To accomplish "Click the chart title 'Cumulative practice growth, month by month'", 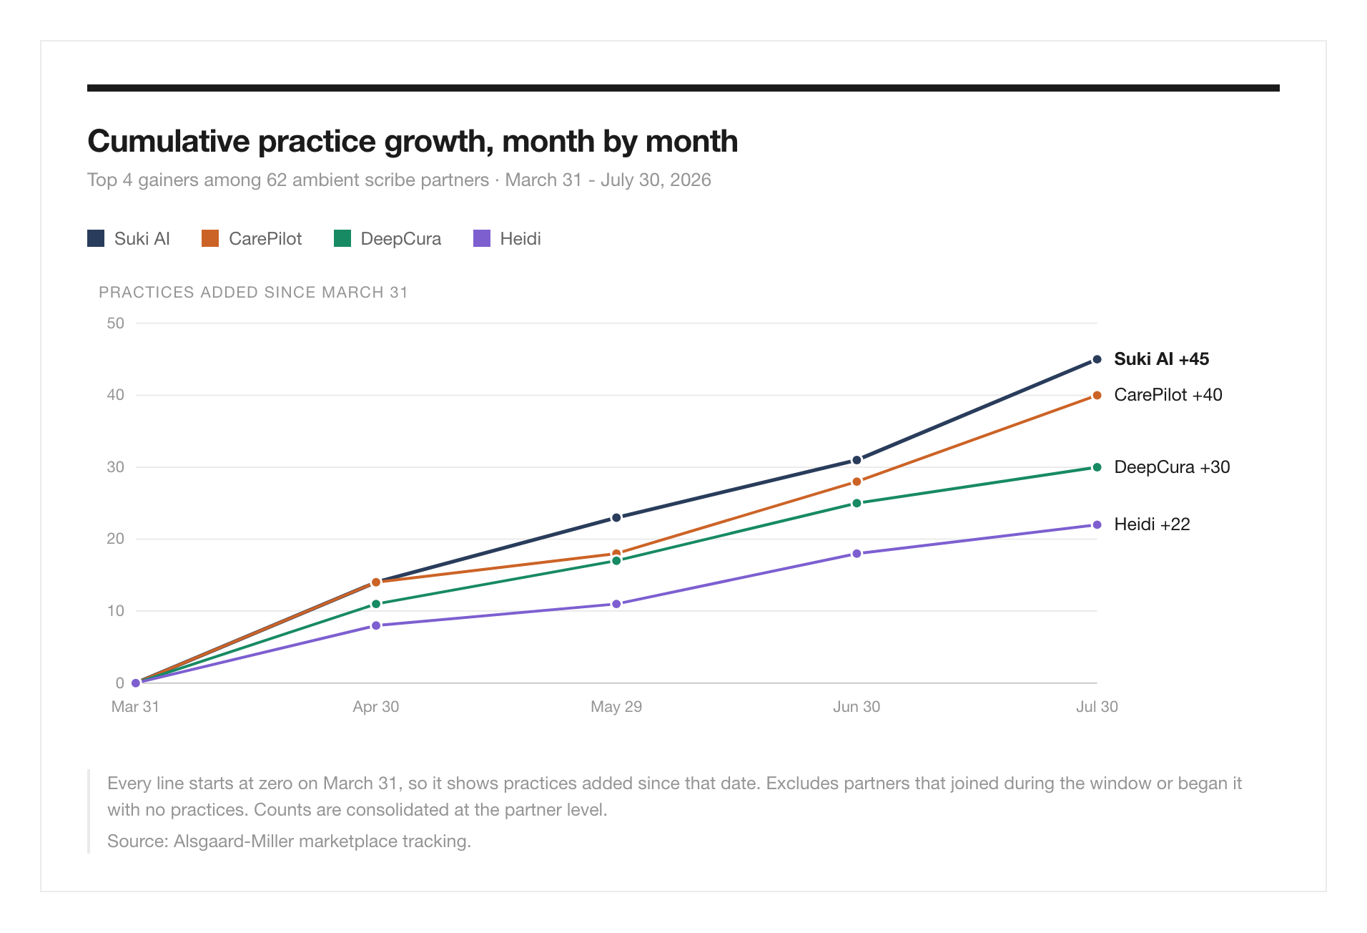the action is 413,142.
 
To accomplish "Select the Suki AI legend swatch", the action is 96,238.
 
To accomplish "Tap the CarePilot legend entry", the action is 252,238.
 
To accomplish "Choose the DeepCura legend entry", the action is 388,238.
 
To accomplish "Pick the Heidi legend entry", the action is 507,238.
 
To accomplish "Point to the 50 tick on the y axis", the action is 115,323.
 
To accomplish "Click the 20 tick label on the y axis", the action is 115,539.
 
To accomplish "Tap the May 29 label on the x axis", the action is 616,707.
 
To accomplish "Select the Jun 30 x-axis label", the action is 857,707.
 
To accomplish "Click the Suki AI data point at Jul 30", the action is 1097,359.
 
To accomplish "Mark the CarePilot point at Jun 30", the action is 857,482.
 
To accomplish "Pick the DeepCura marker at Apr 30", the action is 376,604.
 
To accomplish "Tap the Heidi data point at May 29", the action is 616,604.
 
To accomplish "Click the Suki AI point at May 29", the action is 616,517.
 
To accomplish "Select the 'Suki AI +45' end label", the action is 1161,359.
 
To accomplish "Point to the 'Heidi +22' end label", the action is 1152,524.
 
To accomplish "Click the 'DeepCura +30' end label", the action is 1172,467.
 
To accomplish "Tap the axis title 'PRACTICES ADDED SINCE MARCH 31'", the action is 253,293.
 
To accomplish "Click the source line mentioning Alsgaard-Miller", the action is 289,841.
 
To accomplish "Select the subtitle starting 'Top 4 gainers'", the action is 399,180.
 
